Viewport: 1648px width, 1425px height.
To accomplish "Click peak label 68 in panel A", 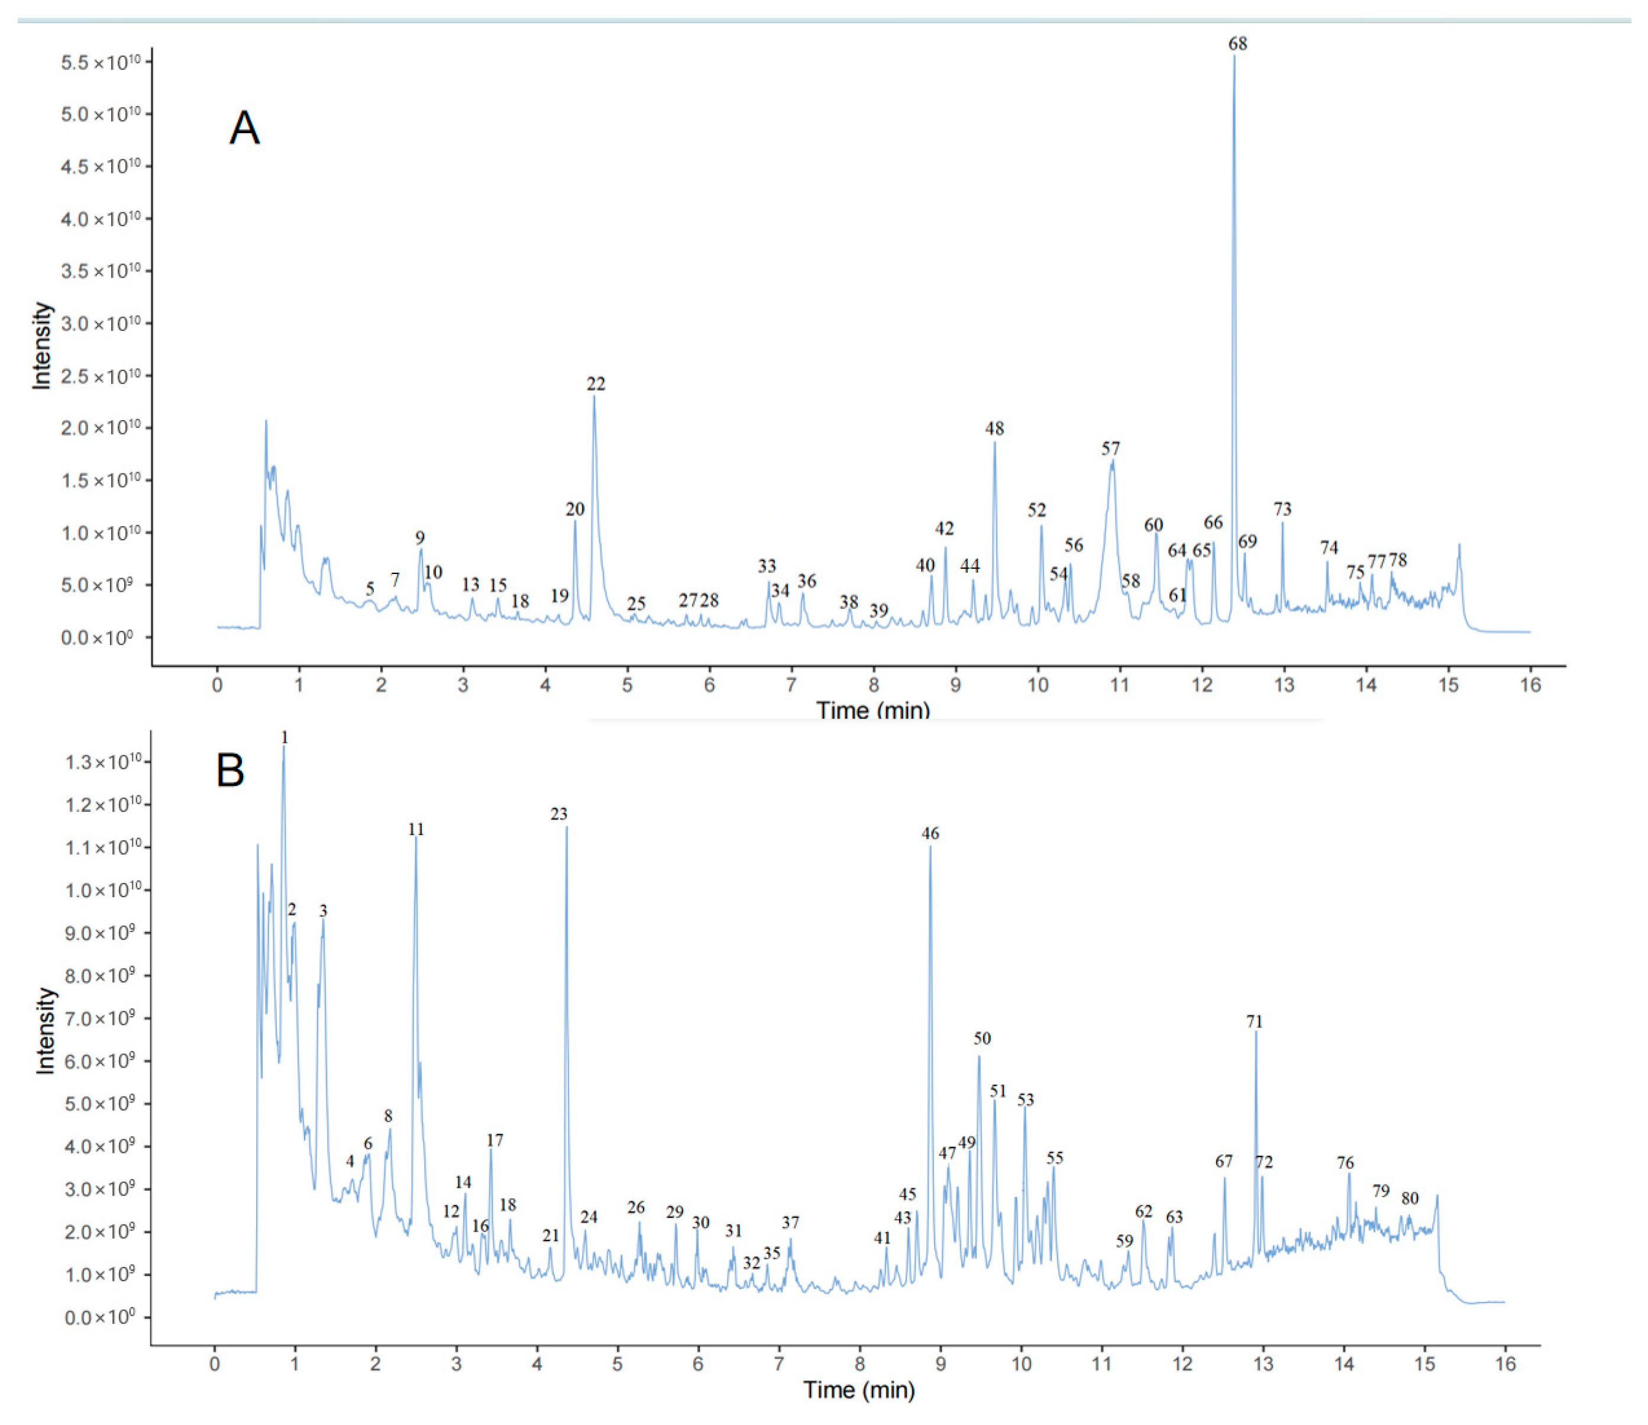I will tap(1237, 44).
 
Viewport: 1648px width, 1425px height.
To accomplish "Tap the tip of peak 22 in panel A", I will tap(594, 396).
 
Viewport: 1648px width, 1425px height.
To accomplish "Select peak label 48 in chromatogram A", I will tap(994, 429).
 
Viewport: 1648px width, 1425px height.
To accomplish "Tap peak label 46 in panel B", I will tap(930, 833).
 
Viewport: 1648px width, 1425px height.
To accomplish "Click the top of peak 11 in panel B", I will tap(415, 839).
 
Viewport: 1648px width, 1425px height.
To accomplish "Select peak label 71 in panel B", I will tap(1254, 1021).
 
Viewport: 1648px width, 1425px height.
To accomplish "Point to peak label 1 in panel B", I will tap(285, 739).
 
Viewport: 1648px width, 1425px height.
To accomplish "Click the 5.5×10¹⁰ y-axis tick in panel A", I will tap(100, 62).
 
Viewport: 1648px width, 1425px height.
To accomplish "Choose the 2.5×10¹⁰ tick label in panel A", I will tap(100, 376).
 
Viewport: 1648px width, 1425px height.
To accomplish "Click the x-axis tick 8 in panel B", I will tap(860, 1363).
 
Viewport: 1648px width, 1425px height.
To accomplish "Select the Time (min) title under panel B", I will tap(859, 1390).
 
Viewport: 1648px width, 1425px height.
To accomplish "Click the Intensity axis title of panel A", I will tap(41, 346).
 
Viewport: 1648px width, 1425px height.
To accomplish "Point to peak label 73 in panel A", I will tap(1282, 509).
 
